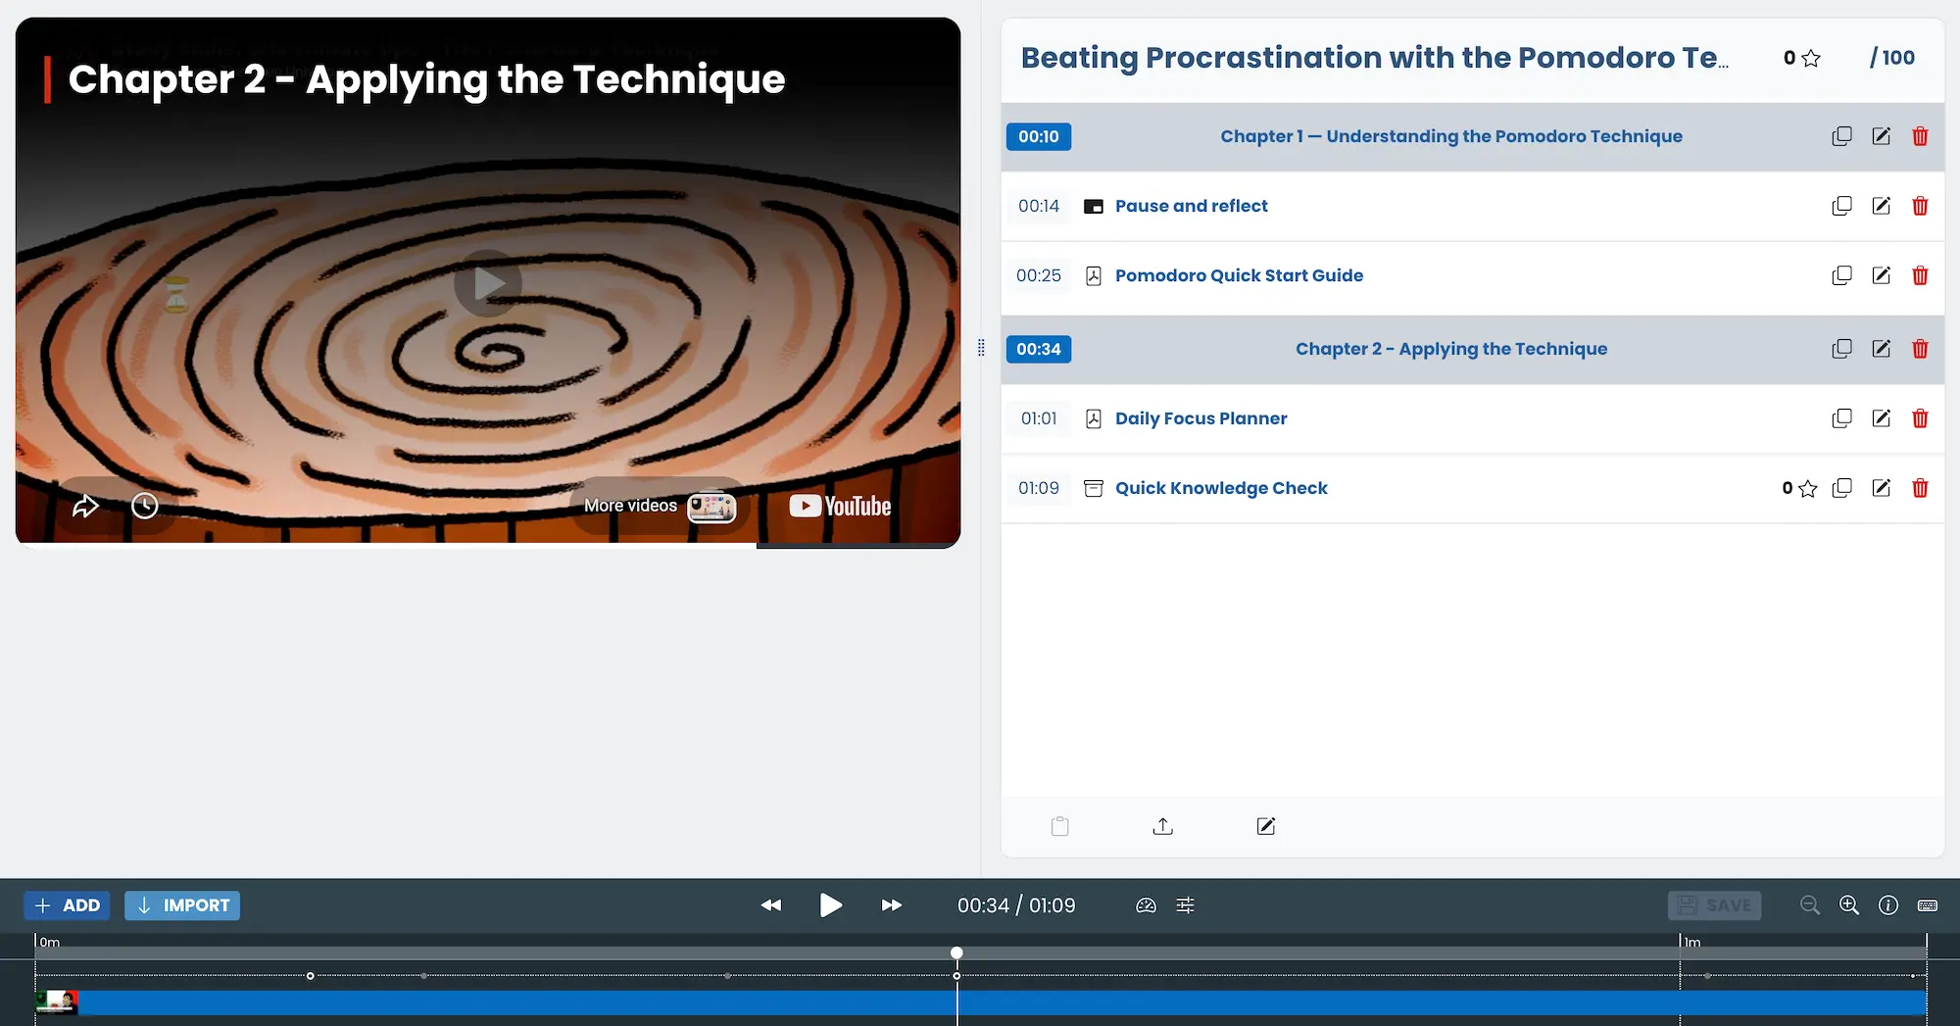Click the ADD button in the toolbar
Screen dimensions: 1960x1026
click(67, 905)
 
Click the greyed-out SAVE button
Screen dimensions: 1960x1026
click(1714, 905)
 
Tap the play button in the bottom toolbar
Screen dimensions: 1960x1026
click(830, 904)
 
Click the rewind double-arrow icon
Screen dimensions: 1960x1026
click(771, 905)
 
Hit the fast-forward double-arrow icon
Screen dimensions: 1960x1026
click(891, 905)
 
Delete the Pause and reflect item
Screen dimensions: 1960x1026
click(1920, 206)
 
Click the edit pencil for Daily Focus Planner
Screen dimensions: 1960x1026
click(1881, 418)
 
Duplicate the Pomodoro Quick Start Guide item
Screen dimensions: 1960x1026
click(1841, 275)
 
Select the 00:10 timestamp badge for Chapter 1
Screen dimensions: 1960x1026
click(1039, 136)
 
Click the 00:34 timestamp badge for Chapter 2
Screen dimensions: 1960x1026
click(1039, 349)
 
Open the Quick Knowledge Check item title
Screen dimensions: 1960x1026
click(1221, 488)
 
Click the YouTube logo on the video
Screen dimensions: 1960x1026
click(840, 506)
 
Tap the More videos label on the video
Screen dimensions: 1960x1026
click(630, 506)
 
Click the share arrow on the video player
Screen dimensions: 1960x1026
click(85, 506)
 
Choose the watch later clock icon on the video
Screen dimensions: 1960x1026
click(145, 506)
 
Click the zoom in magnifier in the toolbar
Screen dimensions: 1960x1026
click(1849, 905)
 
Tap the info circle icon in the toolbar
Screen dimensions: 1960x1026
click(1888, 905)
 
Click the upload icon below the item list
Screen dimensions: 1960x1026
click(1163, 826)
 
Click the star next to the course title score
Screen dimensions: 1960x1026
click(1811, 58)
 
